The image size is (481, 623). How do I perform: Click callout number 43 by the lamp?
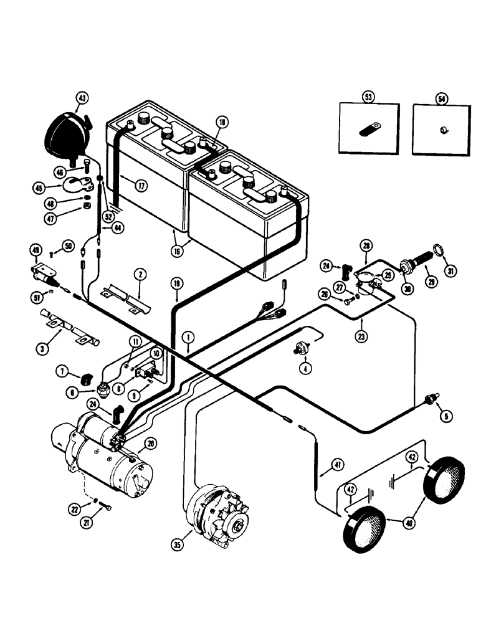tap(82, 98)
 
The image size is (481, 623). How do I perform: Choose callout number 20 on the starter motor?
tap(149, 444)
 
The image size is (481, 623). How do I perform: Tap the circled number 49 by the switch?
tap(36, 251)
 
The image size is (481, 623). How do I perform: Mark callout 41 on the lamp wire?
tap(337, 464)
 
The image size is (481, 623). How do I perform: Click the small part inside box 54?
tap(442, 130)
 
